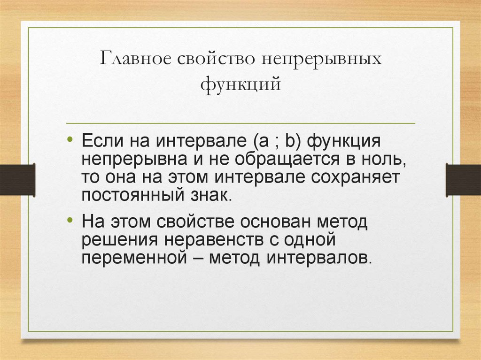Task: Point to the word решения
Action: (x=119, y=239)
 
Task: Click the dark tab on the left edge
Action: (x=17, y=180)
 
